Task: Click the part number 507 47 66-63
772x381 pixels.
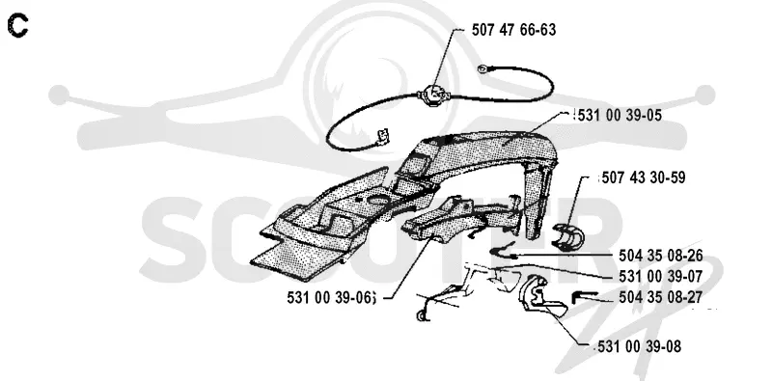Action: click(513, 30)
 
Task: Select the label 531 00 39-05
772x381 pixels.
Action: click(620, 115)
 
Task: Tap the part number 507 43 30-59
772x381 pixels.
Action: click(643, 177)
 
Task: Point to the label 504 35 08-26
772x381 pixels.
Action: click(661, 256)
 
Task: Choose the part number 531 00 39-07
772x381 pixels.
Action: click(661, 277)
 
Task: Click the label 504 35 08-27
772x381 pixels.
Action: click(661, 297)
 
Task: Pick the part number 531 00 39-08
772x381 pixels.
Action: click(640, 346)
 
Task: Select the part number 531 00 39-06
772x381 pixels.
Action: click(330, 297)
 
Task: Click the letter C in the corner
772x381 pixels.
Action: click(17, 26)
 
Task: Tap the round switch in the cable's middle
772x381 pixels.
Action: click(432, 94)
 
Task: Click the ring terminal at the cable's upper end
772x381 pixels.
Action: click(482, 68)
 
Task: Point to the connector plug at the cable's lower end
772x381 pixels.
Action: click(381, 137)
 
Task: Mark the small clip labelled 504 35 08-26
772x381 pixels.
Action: click(503, 251)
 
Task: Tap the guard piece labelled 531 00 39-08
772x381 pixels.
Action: click(539, 297)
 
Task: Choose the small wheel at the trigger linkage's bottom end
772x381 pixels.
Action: click(422, 315)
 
